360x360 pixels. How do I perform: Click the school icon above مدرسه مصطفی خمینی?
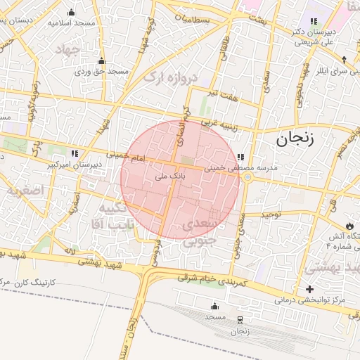(240, 157)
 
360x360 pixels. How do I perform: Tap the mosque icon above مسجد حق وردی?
(102, 60)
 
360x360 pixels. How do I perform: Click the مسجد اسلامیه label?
(70, 22)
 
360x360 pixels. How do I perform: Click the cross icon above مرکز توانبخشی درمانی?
(309, 289)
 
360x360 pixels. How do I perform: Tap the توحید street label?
(271, 213)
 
